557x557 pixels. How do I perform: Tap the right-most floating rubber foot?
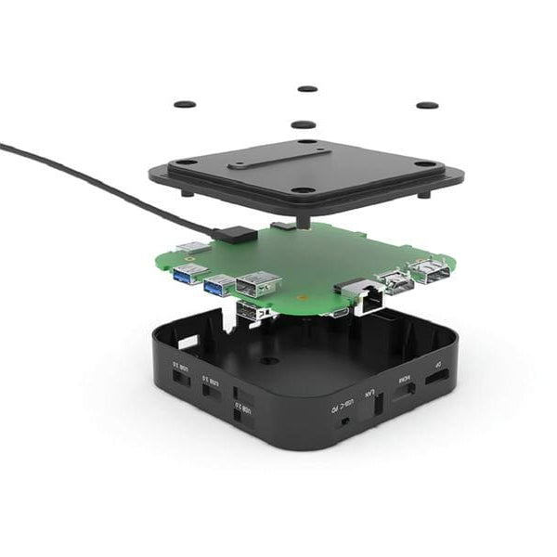427,105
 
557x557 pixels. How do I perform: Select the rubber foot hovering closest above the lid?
303,123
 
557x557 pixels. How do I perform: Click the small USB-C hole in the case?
345,422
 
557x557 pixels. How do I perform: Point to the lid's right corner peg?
425,193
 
